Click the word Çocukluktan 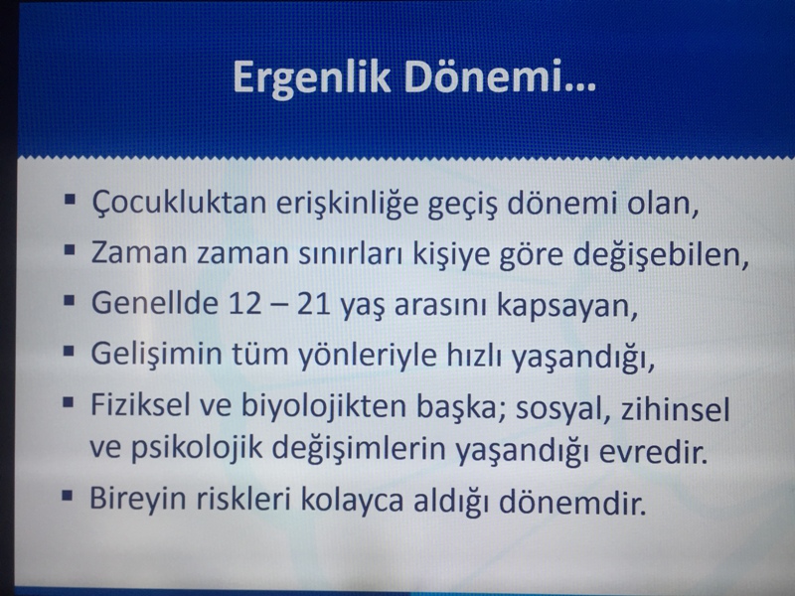[x=179, y=204]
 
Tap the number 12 [x=244, y=304]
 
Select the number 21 [x=314, y=304]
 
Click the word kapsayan [x=566, y=306]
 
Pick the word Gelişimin [x=157, y=354]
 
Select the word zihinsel [x=676, y=408]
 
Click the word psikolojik [x=197, y=449]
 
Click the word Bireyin [x=138, y=500]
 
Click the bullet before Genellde [x=69, y=301]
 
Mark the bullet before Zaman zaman [x=70, y=250]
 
